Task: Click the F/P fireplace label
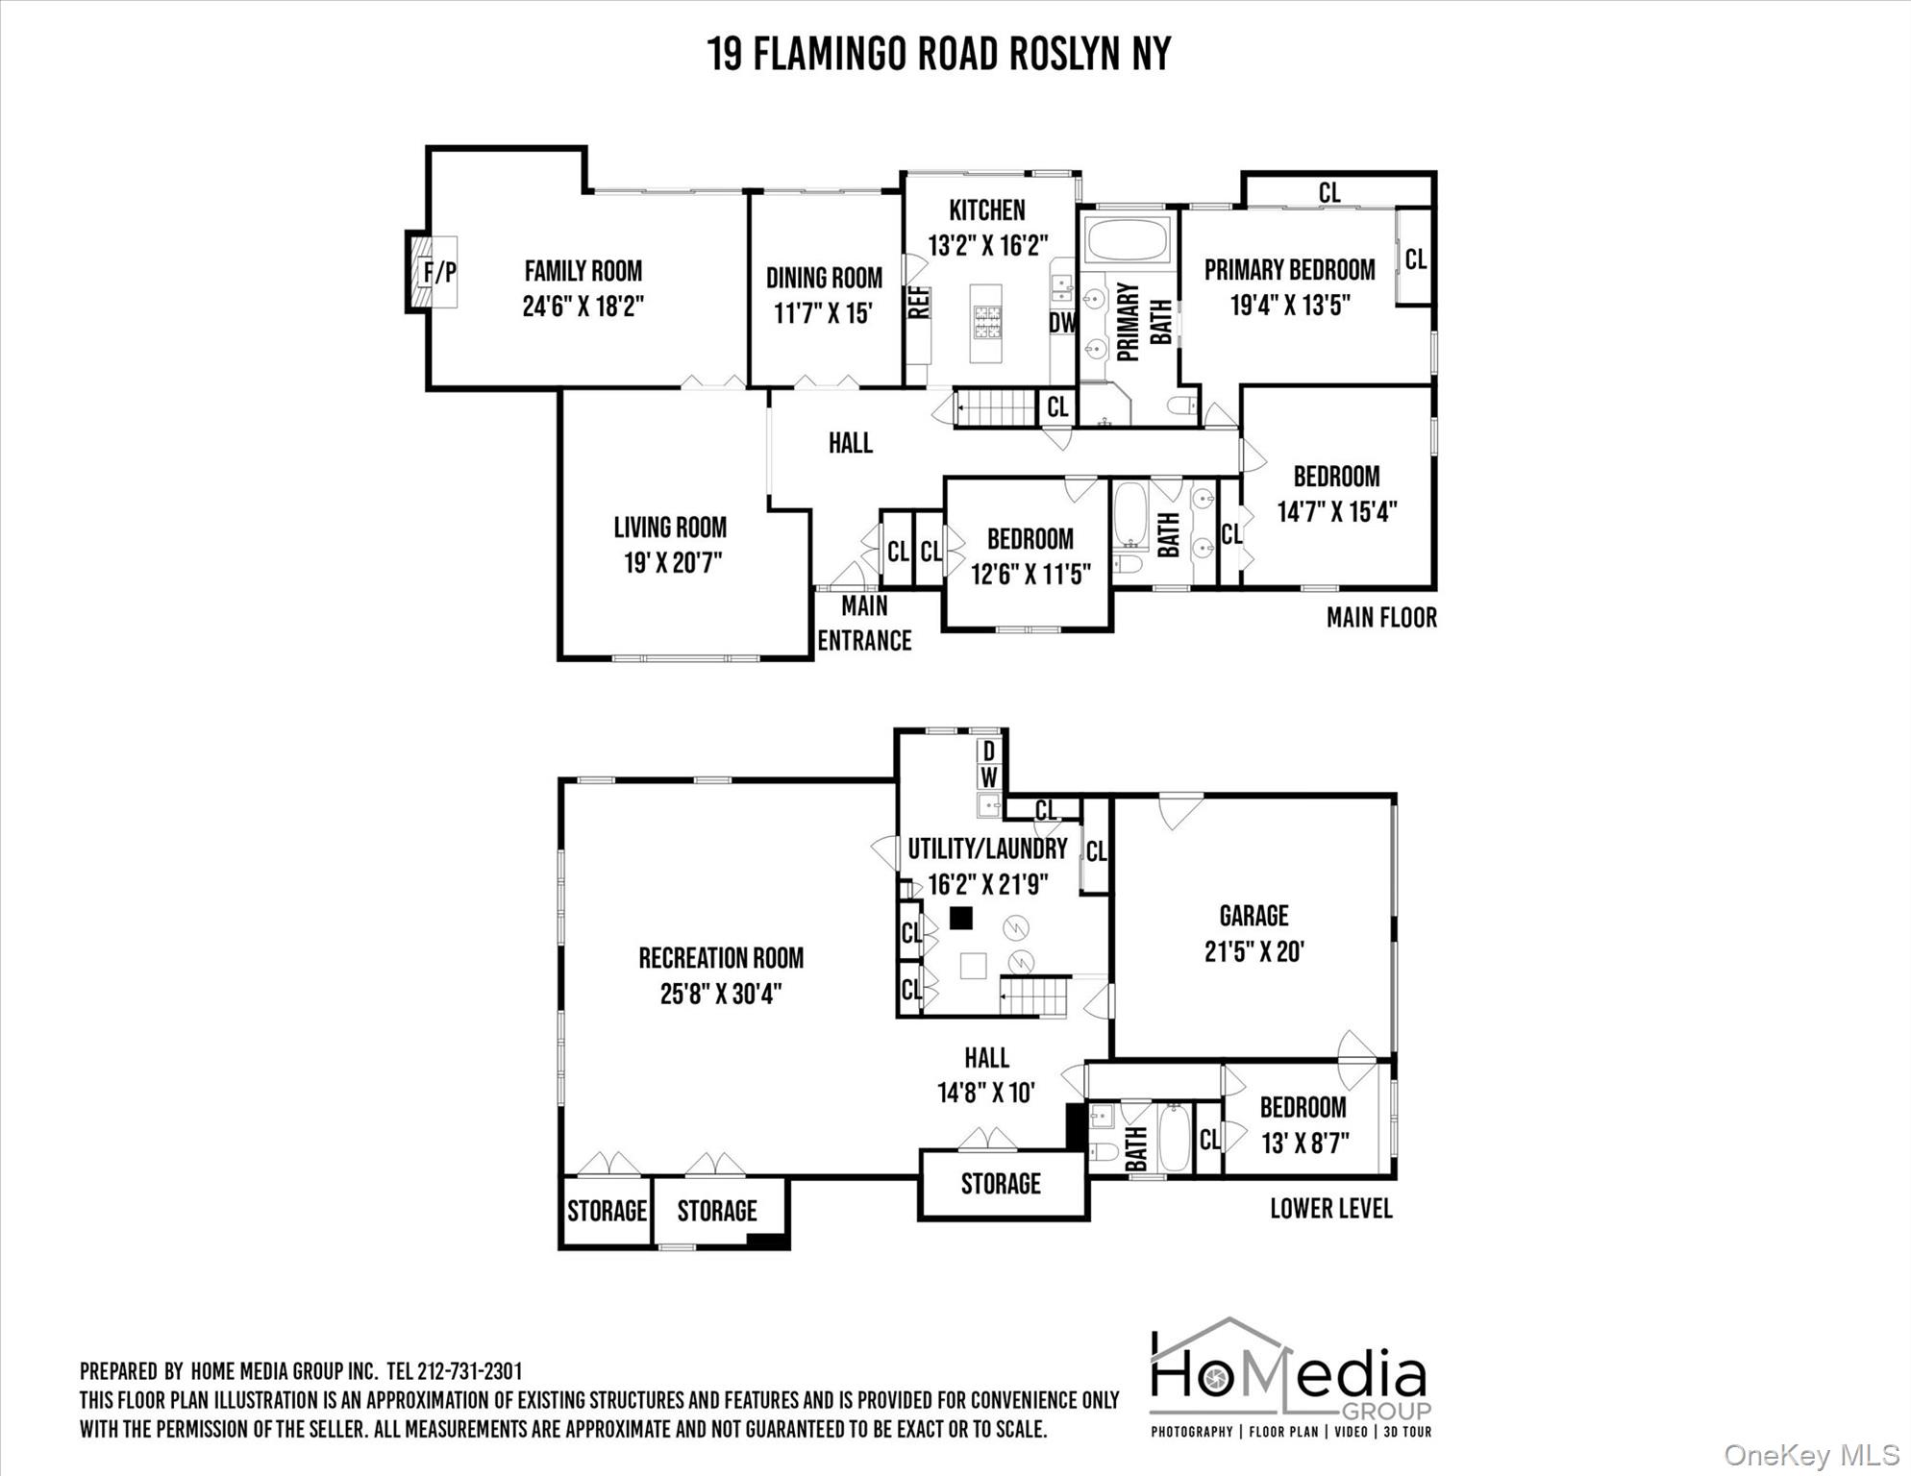tap(440, 273)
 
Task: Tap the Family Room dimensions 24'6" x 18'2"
tap(583, 307)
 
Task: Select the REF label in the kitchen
tap(918, 303)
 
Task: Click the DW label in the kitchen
tap(1062, 323)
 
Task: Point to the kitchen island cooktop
tap(987, 323)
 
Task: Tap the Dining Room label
tap(824, 279)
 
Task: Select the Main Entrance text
tap(864, 624)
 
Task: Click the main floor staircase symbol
tap(994, 408)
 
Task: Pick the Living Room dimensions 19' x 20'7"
tap(673, 562)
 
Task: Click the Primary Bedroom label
tap(1289, 270)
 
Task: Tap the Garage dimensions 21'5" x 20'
tap(1253, 951)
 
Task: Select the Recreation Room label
tap(721, 958)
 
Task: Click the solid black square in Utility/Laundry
tap(960, 918)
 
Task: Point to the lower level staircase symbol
tap(1035, 996)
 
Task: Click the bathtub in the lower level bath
tap(1175, 1138)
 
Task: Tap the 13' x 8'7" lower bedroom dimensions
tap(1304, 1144)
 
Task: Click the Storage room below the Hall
tap(1002, 1184)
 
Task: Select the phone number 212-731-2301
tap(469, 1371)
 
